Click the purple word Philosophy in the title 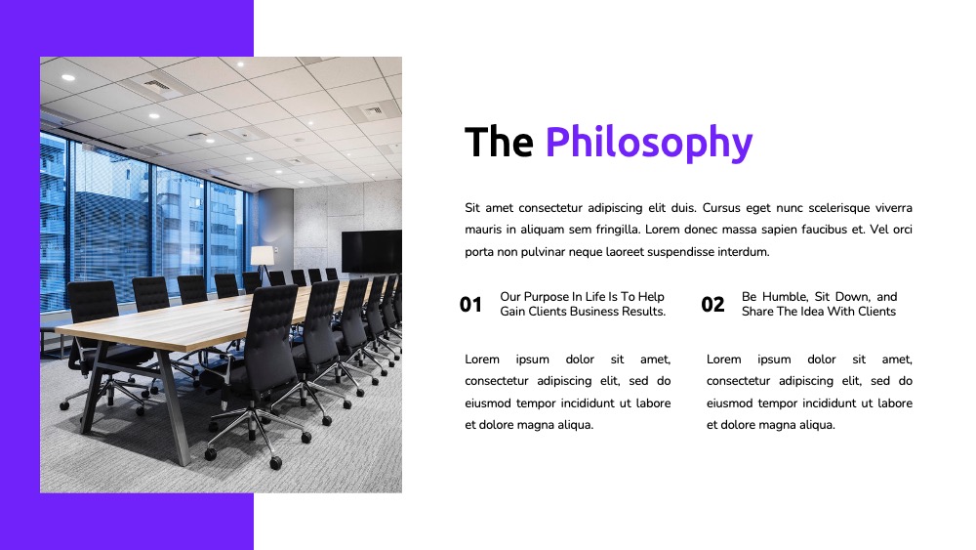click(649, 144)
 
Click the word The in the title click(499, 142)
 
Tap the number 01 click(470, 305)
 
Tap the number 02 click(712, 305)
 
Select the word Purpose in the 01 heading click(546, 297)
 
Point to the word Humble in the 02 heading click(785, 297)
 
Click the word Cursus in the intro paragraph click(721, 208)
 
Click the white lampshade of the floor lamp click(262, 255)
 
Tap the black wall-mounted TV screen click(372, 251)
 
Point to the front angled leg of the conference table click(175, 408)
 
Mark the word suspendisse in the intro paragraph click(680, 252)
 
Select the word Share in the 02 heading click(757, 312)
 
